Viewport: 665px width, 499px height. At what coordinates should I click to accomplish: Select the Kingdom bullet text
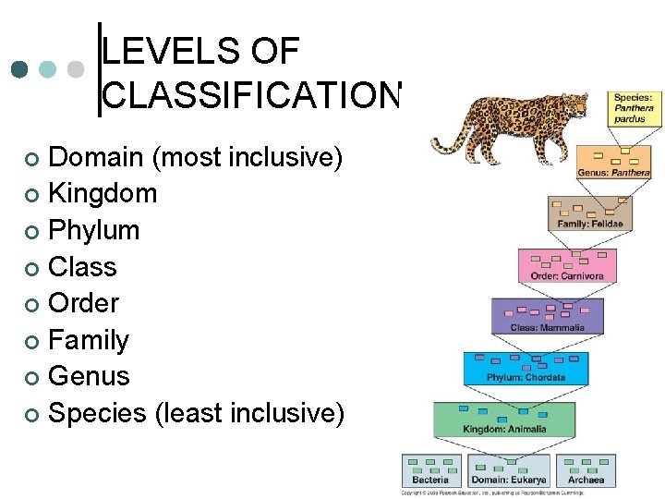pos(103,194)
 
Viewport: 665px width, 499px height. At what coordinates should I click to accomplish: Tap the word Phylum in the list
pos(93,230)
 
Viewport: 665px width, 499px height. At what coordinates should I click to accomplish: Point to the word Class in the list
pos(82,267)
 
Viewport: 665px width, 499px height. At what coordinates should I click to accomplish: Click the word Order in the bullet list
pos(83,303)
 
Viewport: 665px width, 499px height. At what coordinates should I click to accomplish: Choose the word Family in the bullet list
pos(89,340)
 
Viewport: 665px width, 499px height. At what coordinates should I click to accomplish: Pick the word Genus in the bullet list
pos(89,376)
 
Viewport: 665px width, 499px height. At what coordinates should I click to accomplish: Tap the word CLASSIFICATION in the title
pos(250,94)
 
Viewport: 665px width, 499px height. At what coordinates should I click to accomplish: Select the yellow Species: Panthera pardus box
pos(634,108)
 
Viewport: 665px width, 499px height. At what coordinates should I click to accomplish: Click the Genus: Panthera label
pos(613,172)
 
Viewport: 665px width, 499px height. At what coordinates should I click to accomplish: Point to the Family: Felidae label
pos(590,223)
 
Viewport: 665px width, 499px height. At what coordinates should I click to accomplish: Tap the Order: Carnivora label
pos(567,275)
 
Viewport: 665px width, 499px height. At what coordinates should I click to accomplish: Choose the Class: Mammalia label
pos(548,327)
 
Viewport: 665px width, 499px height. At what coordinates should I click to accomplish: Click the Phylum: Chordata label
pos(526,377)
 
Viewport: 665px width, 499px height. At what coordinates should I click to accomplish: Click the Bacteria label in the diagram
pos(430,480)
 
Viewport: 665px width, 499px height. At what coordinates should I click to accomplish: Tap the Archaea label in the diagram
pos(586,480)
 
